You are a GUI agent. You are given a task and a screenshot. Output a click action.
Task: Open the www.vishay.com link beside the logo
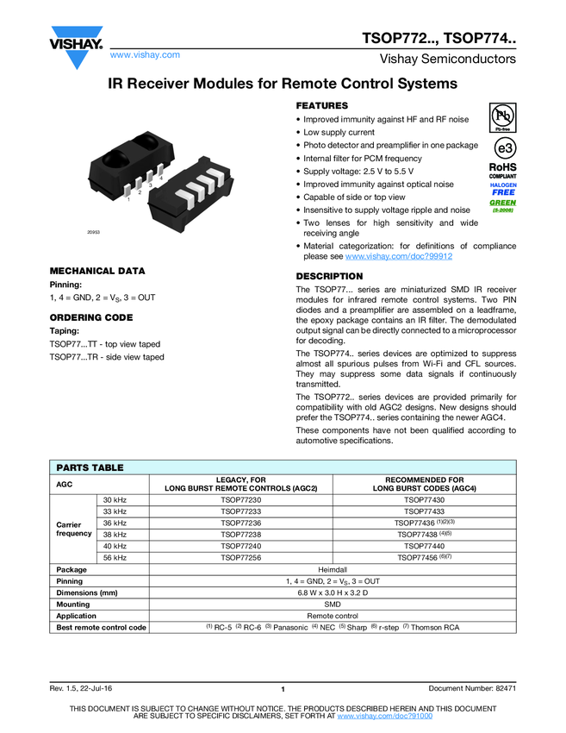tap(145, 54)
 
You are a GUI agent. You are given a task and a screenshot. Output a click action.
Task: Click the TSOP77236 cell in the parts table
tap(241, 523)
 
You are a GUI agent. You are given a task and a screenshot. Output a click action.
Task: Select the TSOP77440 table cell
tap(424, 546)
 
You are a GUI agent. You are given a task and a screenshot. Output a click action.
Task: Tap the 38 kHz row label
tap(115, 535)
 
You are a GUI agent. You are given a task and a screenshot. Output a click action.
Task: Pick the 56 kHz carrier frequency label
tap(115, 558)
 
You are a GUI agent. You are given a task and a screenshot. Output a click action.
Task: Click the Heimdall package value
tap(333, 569)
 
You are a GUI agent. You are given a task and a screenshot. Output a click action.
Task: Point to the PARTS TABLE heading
tap(90, 467)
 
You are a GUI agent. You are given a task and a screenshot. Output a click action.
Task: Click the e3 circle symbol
tap(503, 147)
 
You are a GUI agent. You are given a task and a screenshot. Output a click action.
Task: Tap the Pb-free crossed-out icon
tap(503, 116)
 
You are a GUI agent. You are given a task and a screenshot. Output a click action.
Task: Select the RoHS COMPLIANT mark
tap(503, 170)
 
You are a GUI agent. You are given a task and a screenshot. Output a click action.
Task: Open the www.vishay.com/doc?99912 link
tap(399, 256)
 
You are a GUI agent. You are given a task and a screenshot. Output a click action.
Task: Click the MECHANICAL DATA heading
tap(97, 270)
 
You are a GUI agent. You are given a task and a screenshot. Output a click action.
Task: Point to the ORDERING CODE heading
tap(91, 317)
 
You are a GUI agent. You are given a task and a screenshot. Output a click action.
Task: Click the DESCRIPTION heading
tap(330, 276)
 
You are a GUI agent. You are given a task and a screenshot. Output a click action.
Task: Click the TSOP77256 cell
tap(241, 558)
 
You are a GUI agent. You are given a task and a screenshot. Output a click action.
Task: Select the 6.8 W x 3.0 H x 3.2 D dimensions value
tap(333, 592)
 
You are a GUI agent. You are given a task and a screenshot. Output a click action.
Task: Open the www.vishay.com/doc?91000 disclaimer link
tap(384, 716)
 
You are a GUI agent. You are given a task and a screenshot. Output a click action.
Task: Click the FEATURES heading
tap(322, 105)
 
